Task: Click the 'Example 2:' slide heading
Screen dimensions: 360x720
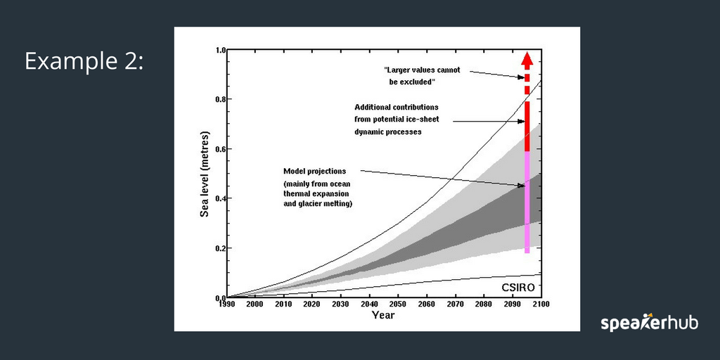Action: [x=84, y=62]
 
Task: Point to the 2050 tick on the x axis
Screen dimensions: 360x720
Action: [x=399, y=304]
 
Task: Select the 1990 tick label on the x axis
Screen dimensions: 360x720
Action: [x=226, y=304]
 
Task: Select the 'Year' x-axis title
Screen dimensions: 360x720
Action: [x=383, y=315]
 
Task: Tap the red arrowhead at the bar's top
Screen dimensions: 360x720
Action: [x=527, y=60]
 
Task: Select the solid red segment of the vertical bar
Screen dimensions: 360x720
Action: [x=527, y=126]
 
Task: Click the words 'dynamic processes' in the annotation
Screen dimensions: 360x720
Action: [x=388, y=131]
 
